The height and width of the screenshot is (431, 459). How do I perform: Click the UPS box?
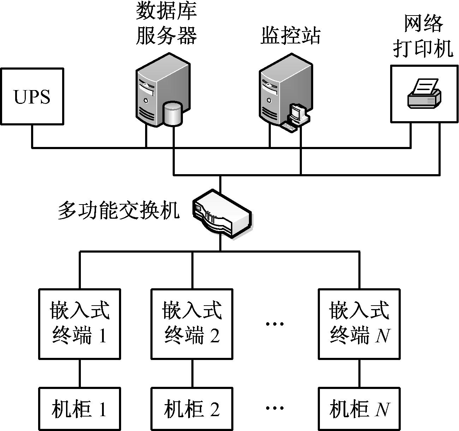32,96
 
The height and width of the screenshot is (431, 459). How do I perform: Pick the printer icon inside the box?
424,94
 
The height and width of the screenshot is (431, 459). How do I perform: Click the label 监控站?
291,35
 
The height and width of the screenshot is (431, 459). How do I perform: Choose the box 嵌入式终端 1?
79,324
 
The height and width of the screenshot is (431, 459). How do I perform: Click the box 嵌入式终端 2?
192,324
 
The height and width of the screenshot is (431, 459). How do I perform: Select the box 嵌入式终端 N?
359,324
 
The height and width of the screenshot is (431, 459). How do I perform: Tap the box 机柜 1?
79,409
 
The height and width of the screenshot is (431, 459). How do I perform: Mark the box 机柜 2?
192,409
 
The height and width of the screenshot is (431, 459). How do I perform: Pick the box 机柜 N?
359,409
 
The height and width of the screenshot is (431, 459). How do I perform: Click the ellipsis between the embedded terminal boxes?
275,323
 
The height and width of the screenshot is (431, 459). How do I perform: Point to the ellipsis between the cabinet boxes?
275,408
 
